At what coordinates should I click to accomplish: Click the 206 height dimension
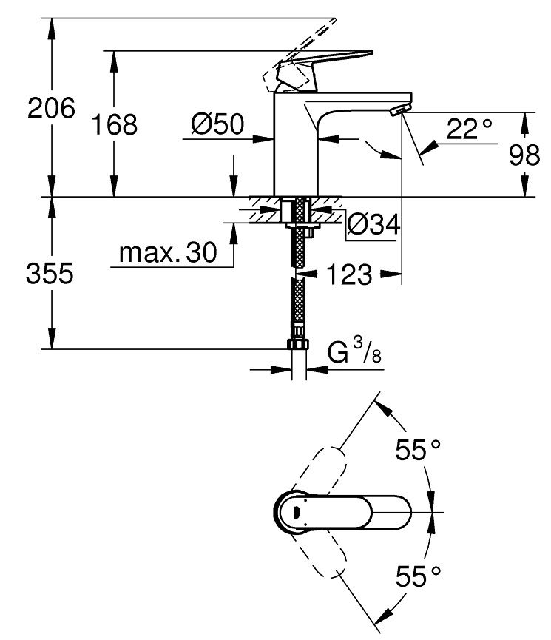click(x=52, y=109)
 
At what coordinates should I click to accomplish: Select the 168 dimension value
click(x=114, y=124)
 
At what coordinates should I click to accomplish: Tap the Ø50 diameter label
click(x=217, y=124)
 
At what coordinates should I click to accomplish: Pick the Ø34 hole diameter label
click(x=373, y=224)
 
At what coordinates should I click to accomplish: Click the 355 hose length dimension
click(x=50, y=274)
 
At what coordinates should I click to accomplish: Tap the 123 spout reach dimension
click(x=348, y=275)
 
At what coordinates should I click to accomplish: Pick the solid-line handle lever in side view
click(x=325, y=62)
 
